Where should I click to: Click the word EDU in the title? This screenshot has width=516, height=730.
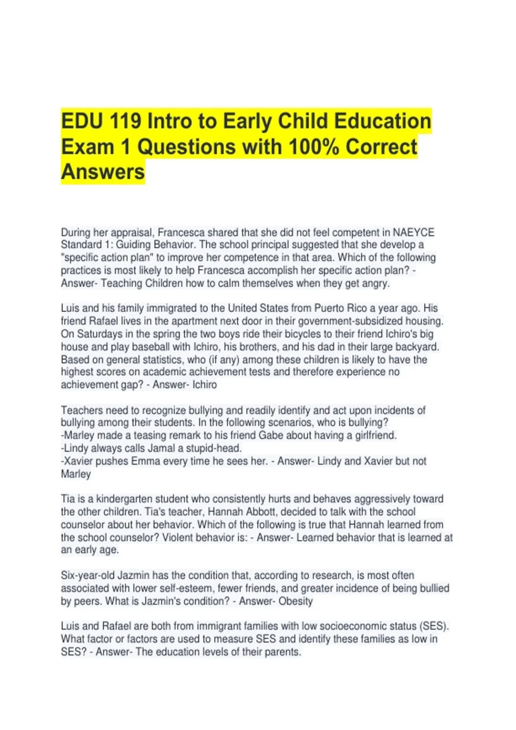point(82,122)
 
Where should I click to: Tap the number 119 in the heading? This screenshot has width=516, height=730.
point(125,122)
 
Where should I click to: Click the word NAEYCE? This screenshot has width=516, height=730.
point(413,232)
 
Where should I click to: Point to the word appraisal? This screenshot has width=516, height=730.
point(132,233)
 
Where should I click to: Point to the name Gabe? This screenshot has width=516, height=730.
point(270,435)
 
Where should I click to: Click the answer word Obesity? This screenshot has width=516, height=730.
point(295,601)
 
